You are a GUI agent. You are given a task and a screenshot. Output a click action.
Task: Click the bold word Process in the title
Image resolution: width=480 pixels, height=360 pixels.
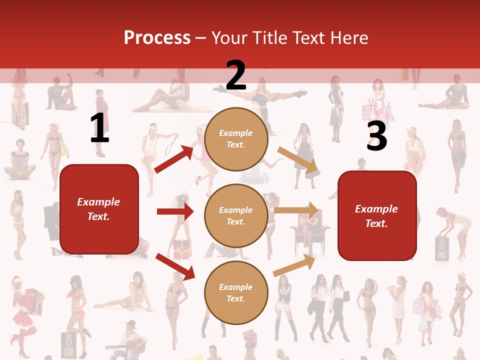(157, 38)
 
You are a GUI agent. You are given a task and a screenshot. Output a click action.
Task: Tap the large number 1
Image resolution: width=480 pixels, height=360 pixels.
(99, 128)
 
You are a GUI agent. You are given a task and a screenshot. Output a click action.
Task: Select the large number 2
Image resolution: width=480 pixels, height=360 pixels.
(236, 75)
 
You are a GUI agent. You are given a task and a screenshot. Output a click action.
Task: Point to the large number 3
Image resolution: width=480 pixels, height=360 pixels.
(376, 136)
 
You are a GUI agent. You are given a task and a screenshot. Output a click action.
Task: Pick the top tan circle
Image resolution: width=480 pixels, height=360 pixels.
(236, 139)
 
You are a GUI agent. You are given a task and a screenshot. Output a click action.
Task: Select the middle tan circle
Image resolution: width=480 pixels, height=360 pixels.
(236, 215)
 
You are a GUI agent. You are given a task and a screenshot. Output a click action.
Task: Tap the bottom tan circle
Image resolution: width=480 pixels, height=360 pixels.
(236, 292)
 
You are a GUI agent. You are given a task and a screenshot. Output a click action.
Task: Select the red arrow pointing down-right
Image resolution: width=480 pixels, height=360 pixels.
(175, 266)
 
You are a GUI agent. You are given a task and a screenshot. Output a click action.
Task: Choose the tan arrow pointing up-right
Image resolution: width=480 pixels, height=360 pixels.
(294, 265)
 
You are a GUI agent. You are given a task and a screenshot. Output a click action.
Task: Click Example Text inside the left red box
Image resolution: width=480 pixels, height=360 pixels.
(98, 209)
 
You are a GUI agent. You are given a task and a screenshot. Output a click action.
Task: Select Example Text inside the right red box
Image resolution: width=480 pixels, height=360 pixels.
(376, 216)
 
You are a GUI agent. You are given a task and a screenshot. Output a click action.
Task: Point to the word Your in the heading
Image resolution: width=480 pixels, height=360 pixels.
(229, 38)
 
